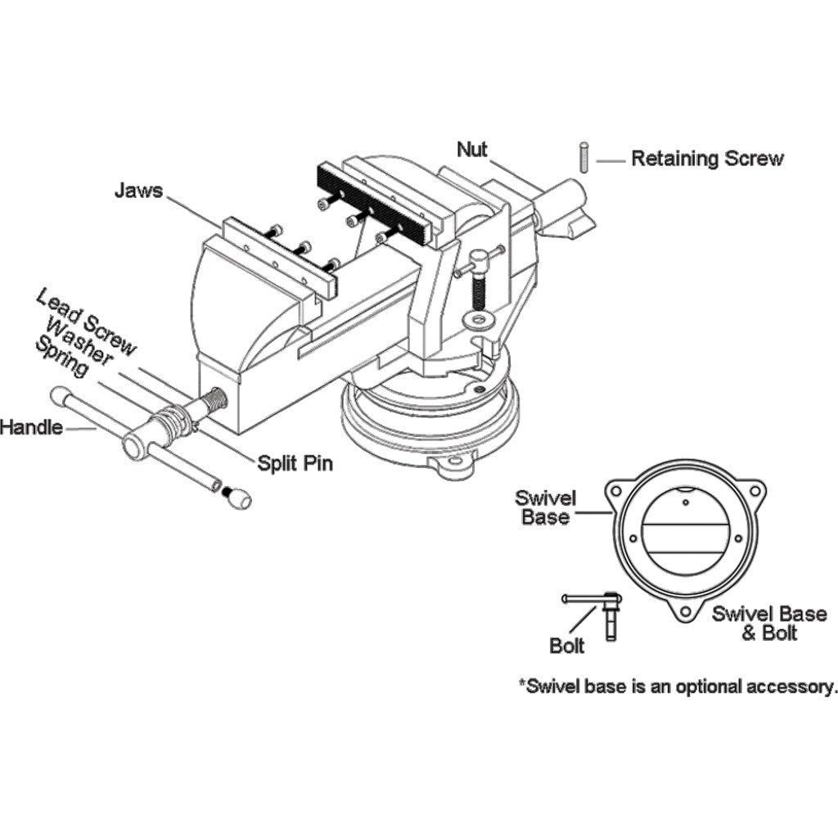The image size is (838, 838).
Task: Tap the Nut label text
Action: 472,149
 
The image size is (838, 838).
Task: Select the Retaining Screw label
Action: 706,159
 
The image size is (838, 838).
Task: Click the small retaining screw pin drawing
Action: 584,157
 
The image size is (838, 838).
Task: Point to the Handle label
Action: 31,426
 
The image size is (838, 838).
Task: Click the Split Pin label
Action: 295,462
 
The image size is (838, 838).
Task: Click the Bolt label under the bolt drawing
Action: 567,646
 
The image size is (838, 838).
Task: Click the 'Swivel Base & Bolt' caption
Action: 768,623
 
